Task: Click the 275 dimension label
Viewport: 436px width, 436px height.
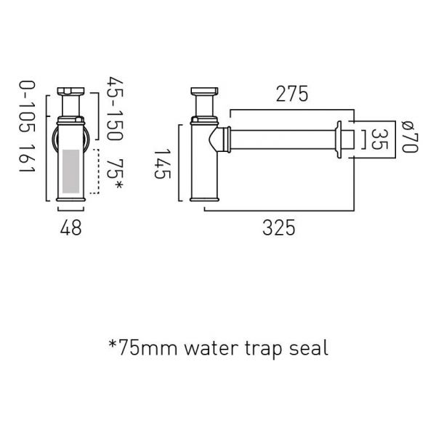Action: tap(292, 94)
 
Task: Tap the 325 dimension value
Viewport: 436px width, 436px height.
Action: tap(278, 227)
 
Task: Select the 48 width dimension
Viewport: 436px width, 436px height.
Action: tap(71, 227)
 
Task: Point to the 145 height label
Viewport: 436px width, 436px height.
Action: tap(162, 164)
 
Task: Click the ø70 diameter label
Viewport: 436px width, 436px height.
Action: tap(410, 137)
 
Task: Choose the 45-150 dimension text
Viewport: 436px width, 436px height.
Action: tap(115, 108)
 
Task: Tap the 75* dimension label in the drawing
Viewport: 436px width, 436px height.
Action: tap(115, 174)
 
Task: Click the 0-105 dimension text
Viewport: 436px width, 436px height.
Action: tap(27, 107)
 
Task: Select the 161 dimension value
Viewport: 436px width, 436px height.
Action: tap(27, 158)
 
